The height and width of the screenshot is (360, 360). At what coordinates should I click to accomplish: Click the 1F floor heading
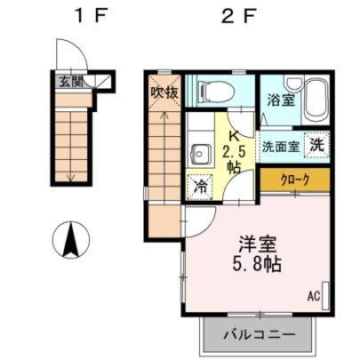[90, 16]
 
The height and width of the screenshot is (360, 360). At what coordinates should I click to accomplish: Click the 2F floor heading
[238, 16]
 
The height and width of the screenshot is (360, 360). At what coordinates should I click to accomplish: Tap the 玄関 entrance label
[71, 81]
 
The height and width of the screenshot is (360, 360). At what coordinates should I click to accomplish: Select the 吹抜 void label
[164, 93]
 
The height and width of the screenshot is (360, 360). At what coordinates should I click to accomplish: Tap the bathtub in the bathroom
[316, 100]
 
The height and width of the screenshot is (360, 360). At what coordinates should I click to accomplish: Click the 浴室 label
[281, 100]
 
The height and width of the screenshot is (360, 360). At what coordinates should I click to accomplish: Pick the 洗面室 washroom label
[281, 147]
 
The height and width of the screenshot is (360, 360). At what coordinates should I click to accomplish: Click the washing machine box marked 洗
[317, 146]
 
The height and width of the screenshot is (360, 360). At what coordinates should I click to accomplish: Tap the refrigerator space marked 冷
[200, 188]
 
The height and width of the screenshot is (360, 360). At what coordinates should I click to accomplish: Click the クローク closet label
[295, 180]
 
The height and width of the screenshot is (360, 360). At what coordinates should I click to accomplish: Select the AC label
[314, 296]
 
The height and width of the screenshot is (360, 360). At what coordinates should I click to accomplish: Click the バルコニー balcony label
[260, 335]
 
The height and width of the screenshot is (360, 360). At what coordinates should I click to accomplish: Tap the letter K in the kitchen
[234, 136]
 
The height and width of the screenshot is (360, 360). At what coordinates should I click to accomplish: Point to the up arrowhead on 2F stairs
[164, 114]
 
